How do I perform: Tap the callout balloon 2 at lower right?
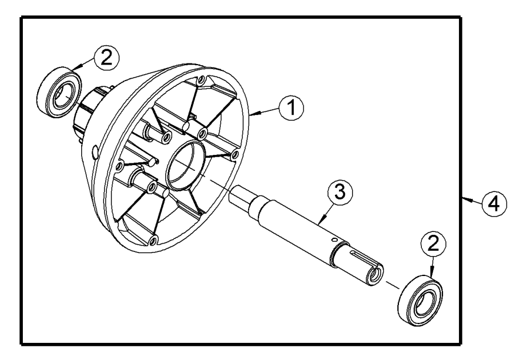click(x=433, y=245)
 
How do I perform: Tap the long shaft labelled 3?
click(x=303, y=228)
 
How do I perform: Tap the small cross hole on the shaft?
click(x=331, y=242)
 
